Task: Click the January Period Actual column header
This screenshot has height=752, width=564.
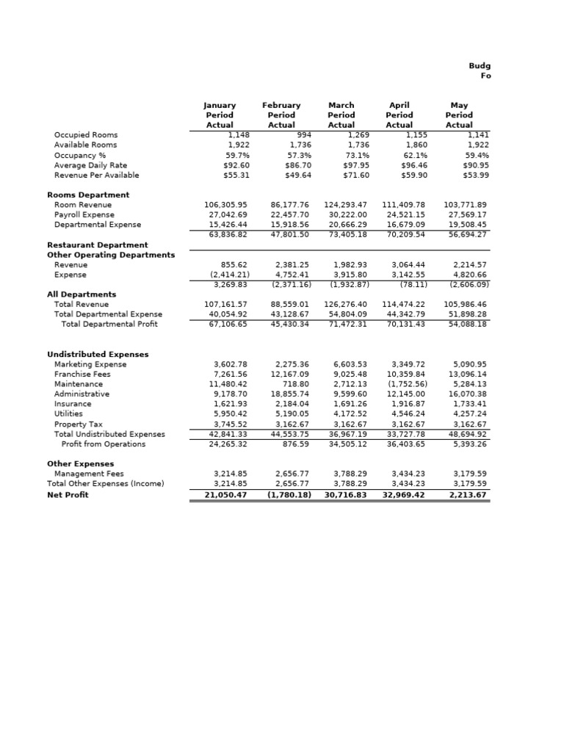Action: tap(219, 115)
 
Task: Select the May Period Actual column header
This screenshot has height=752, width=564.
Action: tap(459, 115)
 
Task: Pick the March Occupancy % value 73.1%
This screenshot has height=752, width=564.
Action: tap(354, 156)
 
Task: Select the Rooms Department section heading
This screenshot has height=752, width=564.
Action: tap(88, 195)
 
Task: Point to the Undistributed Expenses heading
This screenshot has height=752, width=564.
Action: tap(98, 355)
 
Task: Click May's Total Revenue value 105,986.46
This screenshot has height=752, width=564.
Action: tap(466, 304)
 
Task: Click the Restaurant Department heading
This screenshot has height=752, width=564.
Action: tap(98, 245)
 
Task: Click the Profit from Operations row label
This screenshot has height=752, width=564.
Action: tap(104, 444)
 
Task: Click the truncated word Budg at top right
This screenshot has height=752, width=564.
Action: tap(480, 66)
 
